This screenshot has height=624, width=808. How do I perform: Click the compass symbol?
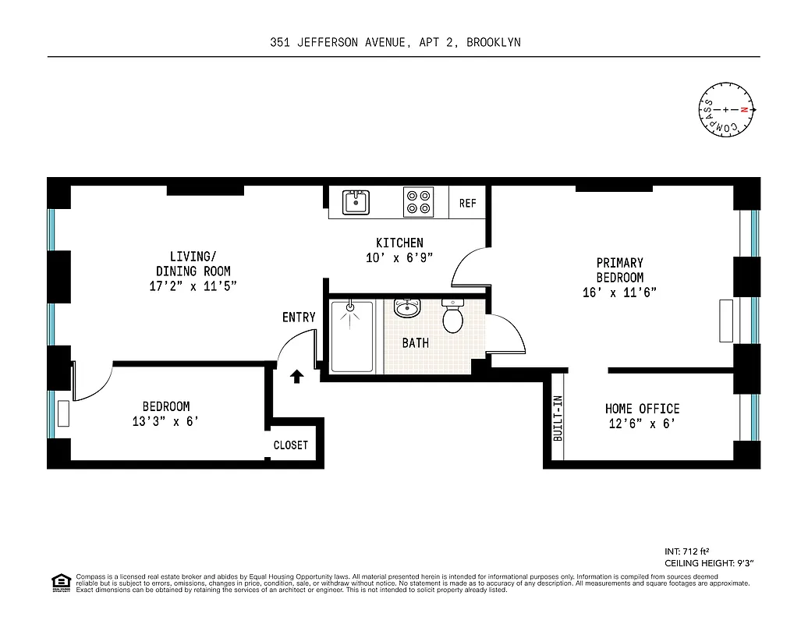click(727, 110)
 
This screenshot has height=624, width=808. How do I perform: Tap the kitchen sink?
click(356, 202)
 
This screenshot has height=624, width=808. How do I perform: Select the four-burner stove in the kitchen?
click(418, 202)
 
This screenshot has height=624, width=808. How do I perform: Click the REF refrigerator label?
click(467, 203)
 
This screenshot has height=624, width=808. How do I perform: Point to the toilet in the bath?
click(452, 314)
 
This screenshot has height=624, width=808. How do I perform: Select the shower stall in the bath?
click(352, 335)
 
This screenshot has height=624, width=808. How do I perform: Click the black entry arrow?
click(296, 378)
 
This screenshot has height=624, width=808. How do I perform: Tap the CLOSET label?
click(290, 445)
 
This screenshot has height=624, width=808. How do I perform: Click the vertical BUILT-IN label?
click(558, 420)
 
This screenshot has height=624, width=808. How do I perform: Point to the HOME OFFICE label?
click(642, 409)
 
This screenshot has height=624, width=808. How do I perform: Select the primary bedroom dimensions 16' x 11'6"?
click(620, 292)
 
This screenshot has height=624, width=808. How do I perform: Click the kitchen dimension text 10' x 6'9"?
click(399, 257)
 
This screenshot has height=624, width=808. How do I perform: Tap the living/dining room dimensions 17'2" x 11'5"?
click(193, 285)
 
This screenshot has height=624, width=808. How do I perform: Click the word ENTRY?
click(299, 317)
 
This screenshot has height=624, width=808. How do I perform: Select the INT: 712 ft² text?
click(686, 550)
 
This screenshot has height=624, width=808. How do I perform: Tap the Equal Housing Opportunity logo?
click(59, 583)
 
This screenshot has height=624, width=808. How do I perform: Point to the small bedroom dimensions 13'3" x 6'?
click(165, 422)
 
